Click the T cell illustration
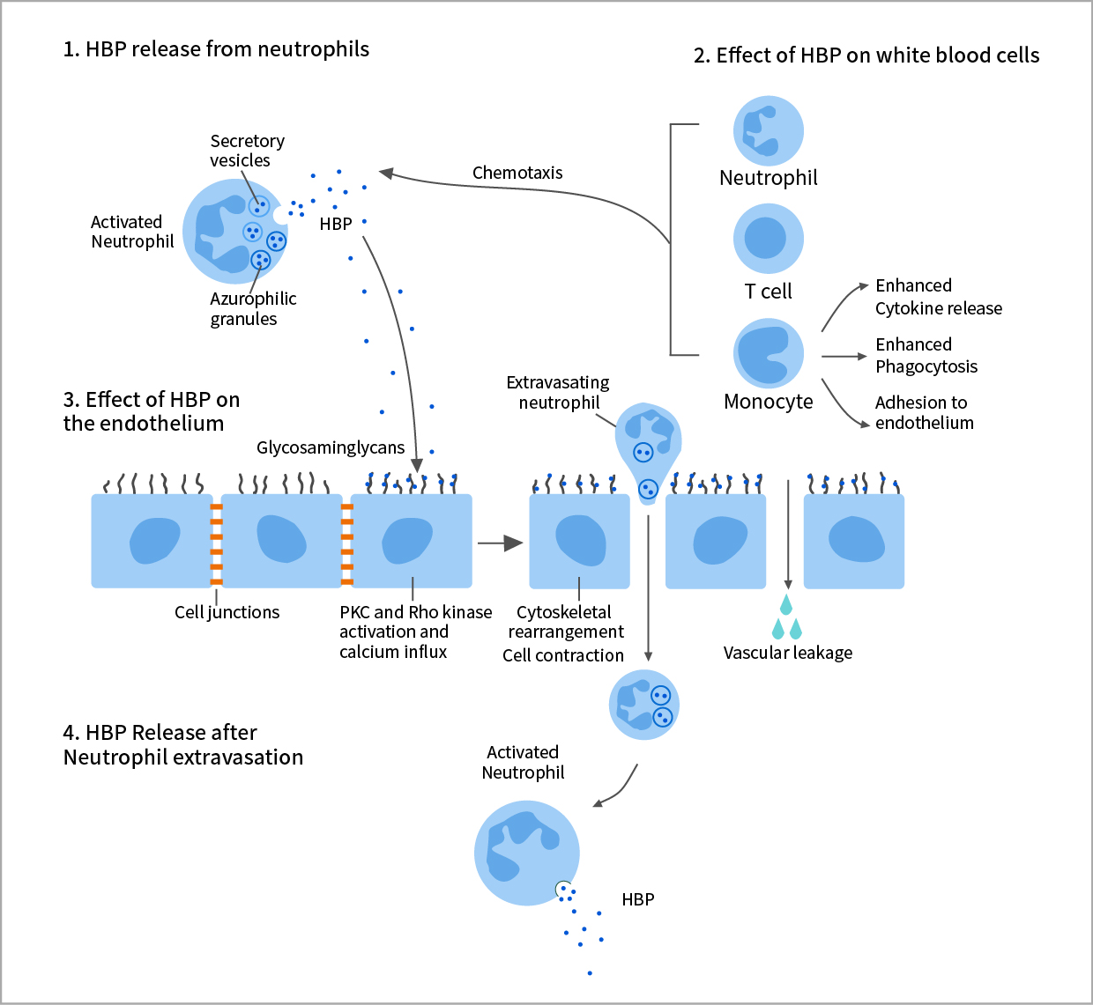click(768, 239)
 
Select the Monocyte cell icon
click(768, 353)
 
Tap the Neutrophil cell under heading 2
click(768, 131)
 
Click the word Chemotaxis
click(517, 173)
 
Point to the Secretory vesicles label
click(247, 151)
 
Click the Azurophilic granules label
click(252, 308)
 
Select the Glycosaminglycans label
click(331, 447)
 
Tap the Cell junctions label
click(227, 612)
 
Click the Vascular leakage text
click(788, 653)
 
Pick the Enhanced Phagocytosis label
click(926, 355)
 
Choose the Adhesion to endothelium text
click(924, 412)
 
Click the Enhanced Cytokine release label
click(938, 297)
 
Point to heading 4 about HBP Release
click(182, 744)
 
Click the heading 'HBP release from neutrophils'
click(216, 49)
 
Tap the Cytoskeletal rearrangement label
click(565, 622)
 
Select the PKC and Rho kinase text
click(415, 612)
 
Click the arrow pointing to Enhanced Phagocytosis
click(844, 357)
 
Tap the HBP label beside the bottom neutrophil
click(637, 899)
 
